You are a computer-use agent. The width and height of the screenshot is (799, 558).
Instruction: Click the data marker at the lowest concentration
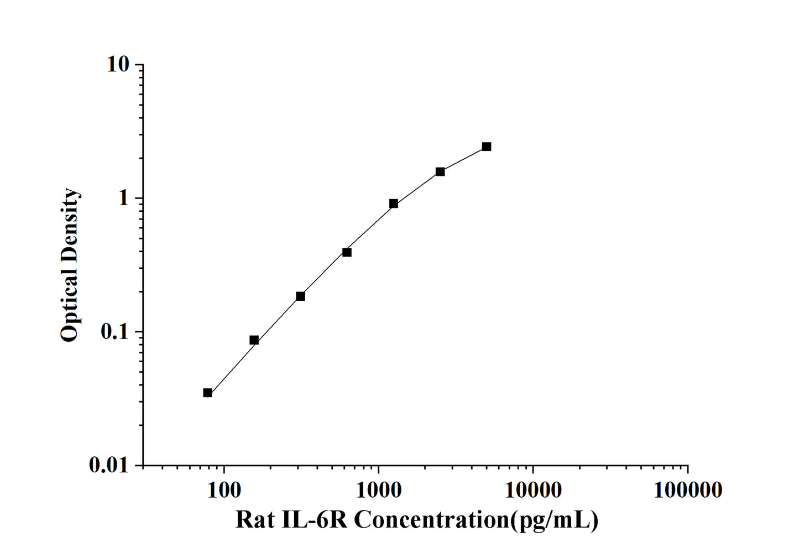tap(207, 393)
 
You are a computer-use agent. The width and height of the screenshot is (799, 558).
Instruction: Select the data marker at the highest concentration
tap(486, 147)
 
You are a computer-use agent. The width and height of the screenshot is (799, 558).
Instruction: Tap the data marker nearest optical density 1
tap(393, 204)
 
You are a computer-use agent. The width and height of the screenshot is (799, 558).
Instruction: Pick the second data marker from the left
tap(254, 340)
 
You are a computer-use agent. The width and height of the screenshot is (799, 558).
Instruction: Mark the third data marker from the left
tap(300, 296)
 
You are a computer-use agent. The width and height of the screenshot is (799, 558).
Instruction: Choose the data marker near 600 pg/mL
tap(347, 252)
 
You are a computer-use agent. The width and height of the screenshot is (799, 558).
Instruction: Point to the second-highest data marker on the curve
tap(440, 171)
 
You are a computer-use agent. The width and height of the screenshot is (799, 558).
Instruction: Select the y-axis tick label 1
tap(123, 198)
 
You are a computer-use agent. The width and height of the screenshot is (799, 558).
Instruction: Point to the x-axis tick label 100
tap(223, 489)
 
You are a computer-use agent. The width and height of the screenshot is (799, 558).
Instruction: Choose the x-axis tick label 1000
tap(378, 489)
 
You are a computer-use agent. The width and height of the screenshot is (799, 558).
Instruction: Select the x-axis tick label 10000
tap(532, 489)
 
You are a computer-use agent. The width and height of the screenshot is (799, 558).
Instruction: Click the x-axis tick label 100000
tap(687, 489)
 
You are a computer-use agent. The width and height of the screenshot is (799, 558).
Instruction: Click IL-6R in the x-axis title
tap(315, 520)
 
